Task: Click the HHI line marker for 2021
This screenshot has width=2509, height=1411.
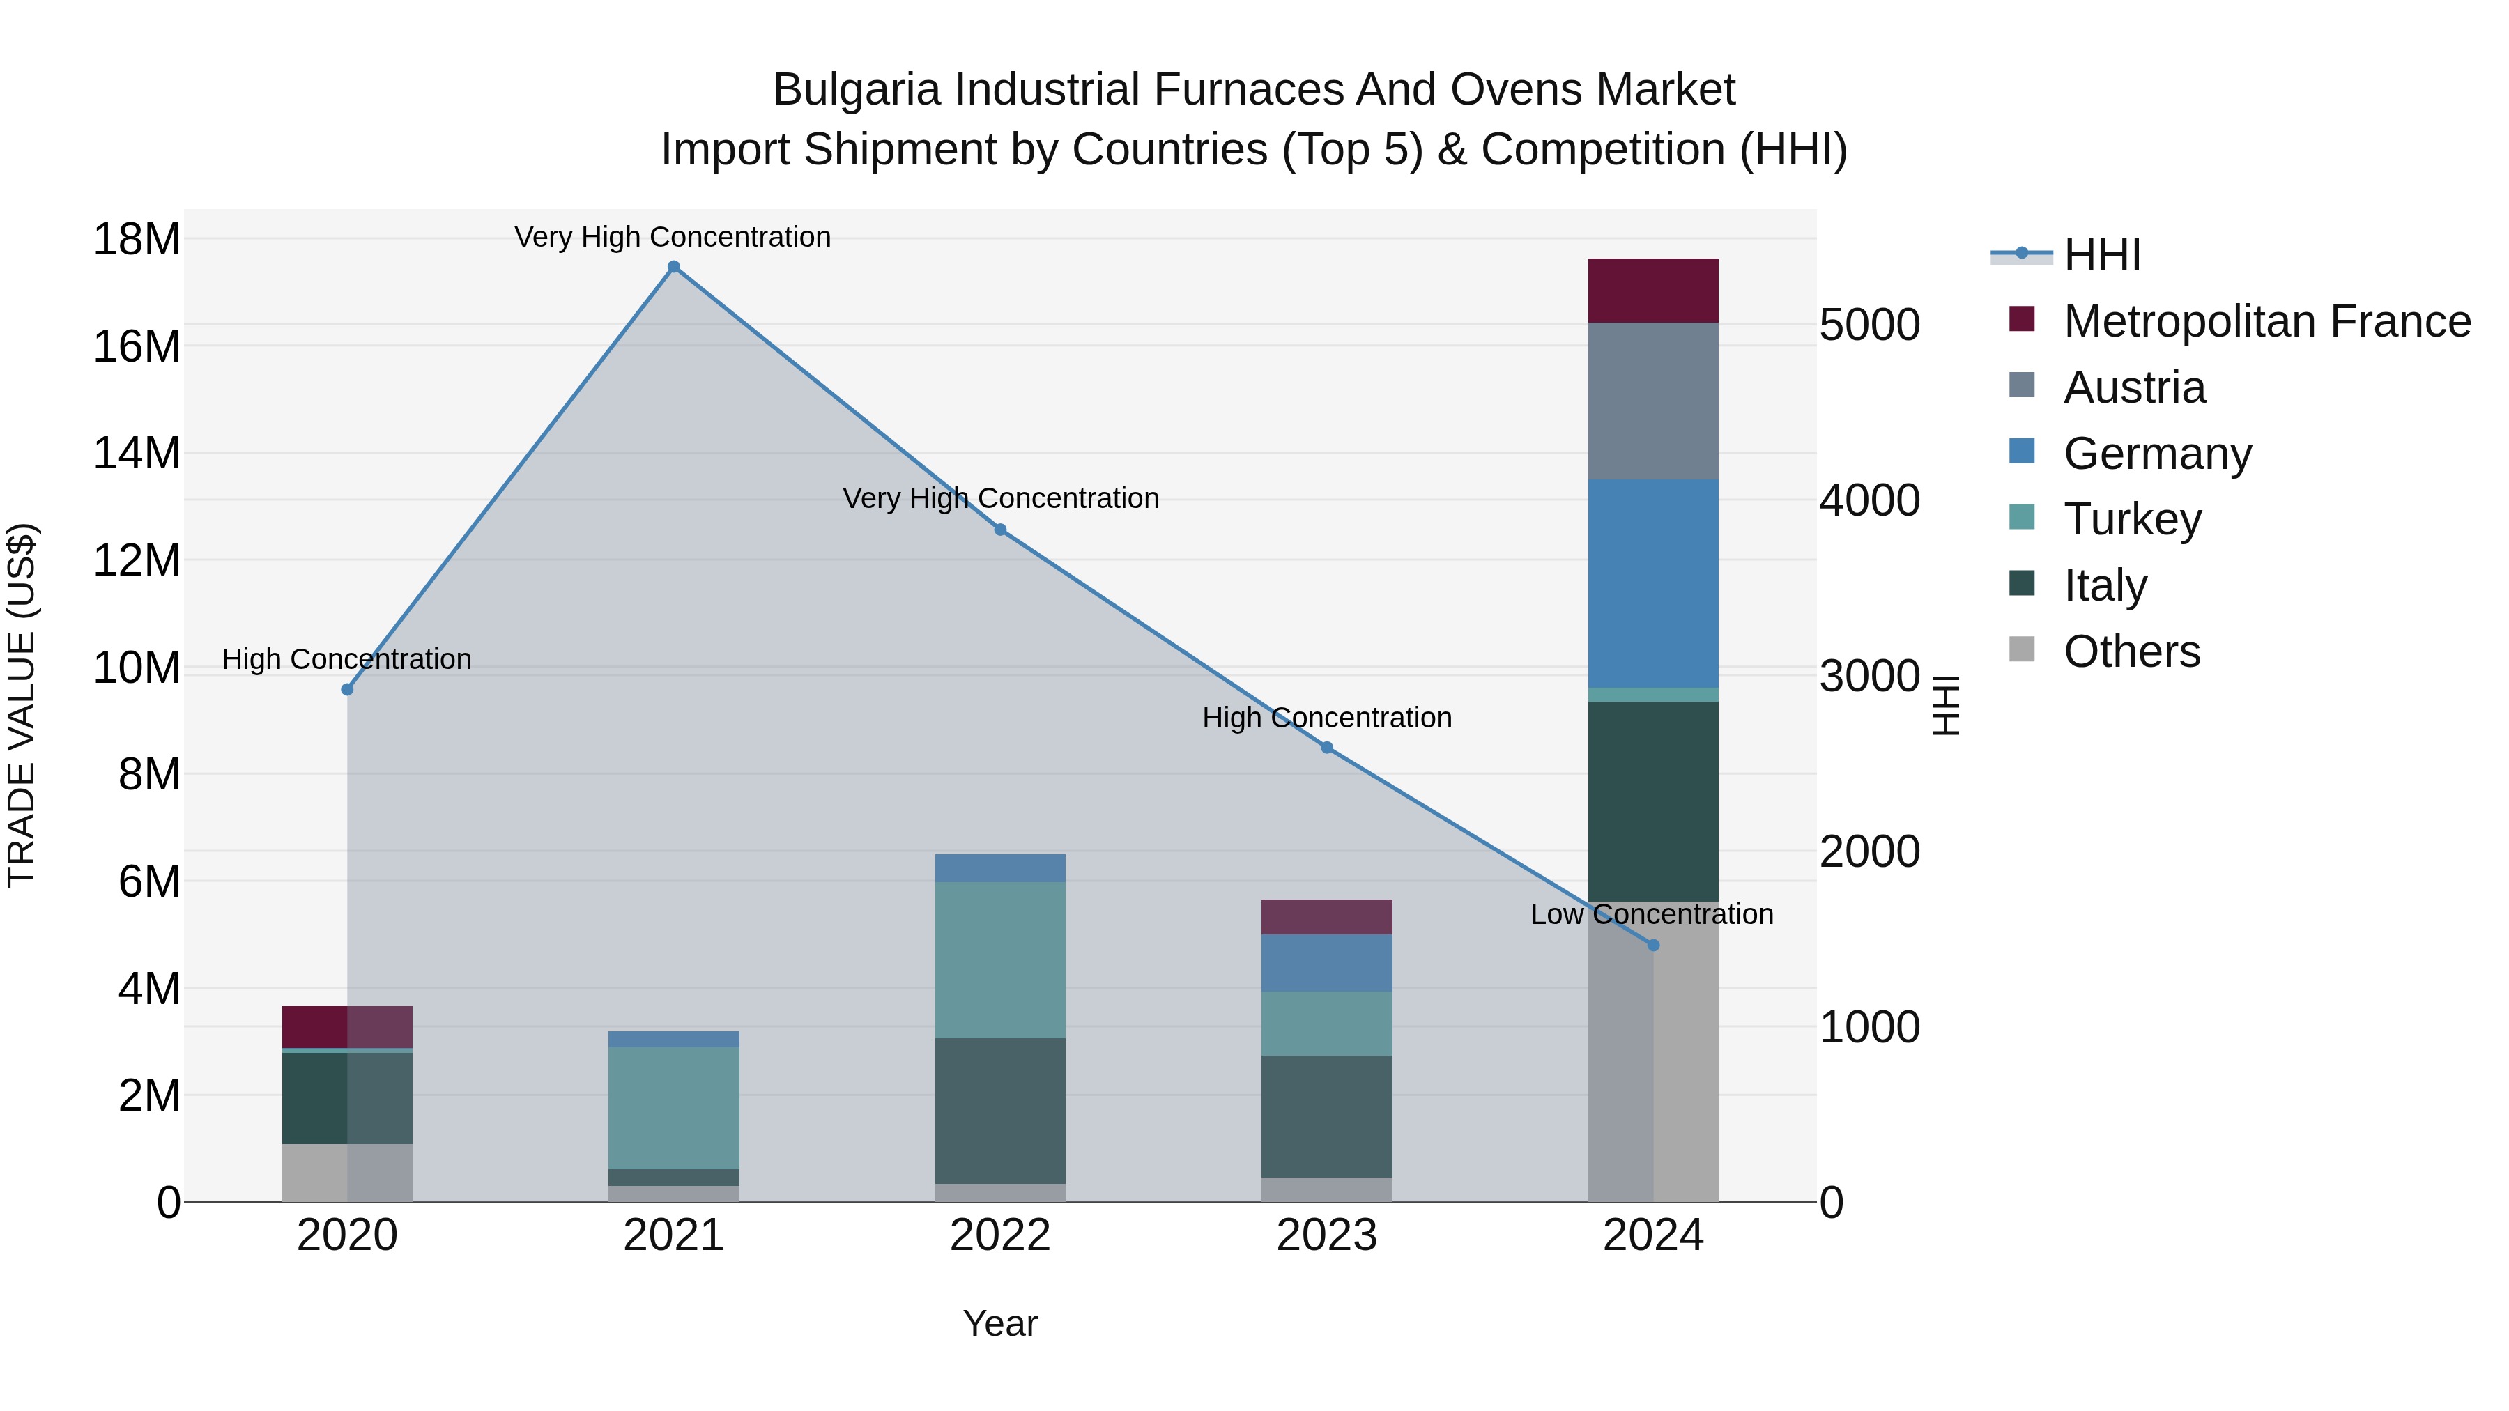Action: [673, 267]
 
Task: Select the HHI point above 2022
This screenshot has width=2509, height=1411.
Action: [1000, 530]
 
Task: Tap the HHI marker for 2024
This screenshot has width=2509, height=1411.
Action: [1653, 946]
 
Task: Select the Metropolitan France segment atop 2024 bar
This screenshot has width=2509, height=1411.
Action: [1653, 290]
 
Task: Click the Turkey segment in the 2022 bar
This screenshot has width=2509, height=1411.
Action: [1000, 959]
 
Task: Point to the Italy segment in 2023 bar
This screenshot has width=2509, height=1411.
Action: [1326, 1116]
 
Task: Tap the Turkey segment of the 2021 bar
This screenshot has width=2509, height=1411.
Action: [673, 1107]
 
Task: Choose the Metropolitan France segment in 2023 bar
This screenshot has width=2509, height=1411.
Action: [1326, 916]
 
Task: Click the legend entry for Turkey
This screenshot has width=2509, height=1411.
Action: [2132, 519]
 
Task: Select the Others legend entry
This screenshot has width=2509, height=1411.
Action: [2131, 651]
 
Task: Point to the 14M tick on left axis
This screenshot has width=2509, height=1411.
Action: [137, 454]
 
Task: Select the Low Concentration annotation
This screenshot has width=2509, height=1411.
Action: [1652, 914]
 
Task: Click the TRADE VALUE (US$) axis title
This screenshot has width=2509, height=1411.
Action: [22, 705]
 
